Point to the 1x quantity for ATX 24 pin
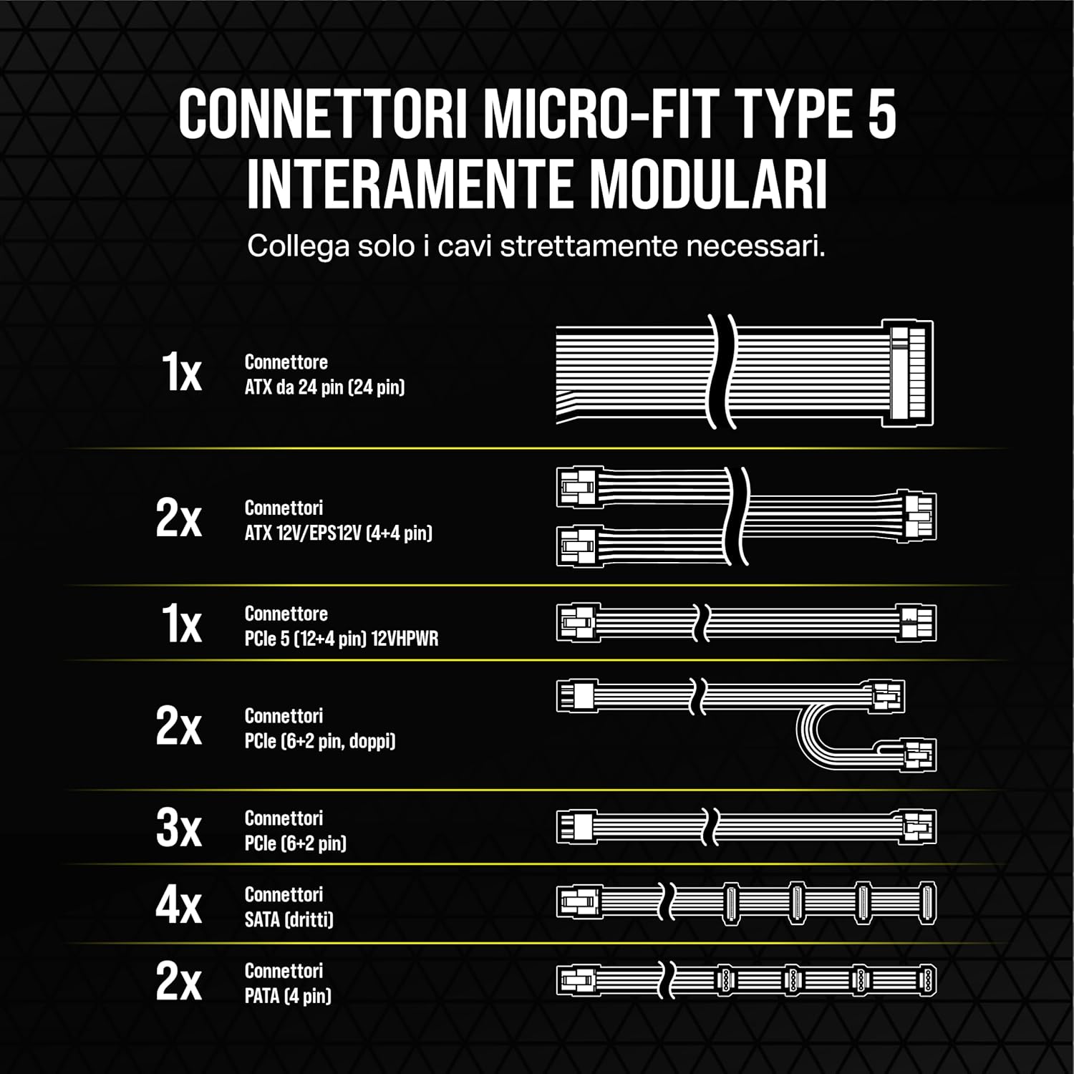tap(182, 373)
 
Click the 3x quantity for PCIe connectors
tap(179, 828)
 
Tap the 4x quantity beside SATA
tap(179, 905)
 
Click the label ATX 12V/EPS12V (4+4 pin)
tap(338, 533)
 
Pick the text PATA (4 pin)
tap(288, 996)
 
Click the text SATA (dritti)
tap(289, 919)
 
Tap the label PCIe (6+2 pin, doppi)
tap(319, 741)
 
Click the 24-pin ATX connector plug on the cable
tap(909, 373)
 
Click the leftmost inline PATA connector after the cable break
tap(725, 980)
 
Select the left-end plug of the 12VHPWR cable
tap(577, 622)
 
